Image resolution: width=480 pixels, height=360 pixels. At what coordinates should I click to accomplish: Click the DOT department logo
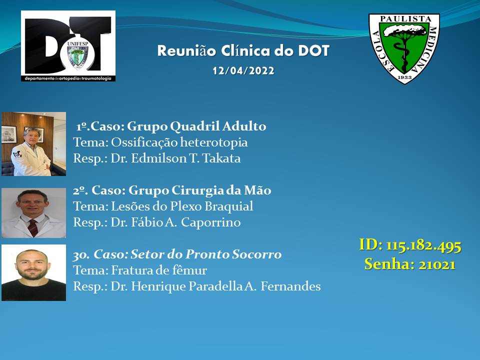pos(68,46)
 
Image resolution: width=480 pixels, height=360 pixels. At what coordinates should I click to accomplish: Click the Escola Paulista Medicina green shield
pos(404,48)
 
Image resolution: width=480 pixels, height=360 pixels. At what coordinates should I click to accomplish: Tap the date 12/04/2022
pos(243,70)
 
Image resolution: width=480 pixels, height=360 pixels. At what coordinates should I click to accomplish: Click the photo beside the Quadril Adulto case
pos(33,144)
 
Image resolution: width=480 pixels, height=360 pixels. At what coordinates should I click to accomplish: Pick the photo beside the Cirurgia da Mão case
pos(33,213)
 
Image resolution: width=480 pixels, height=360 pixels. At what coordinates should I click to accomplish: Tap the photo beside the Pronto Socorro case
pos(33,272)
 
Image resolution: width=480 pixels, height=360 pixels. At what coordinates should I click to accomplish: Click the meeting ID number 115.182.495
pos(423,246)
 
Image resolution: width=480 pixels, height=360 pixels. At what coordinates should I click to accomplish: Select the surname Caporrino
pos(210,222)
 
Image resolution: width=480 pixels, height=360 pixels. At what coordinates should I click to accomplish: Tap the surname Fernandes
pos(290,286)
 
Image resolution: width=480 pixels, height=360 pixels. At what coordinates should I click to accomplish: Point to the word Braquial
pos(228,206)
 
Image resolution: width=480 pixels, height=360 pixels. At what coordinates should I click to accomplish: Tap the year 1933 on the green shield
pos(404,77)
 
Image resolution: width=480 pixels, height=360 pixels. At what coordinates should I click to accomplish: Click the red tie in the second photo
pos(33,227)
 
